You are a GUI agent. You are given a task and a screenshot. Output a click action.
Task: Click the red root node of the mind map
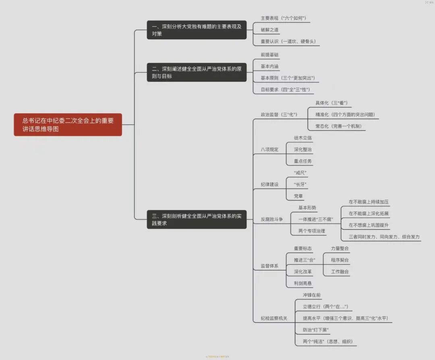pyautogui.click(x=68, y=124)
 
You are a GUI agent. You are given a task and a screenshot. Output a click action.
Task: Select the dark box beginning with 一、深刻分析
pyautogui.click(x=197, y=30)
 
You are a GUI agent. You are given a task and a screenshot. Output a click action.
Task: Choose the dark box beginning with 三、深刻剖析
pyautogui.click(x=197, y=219)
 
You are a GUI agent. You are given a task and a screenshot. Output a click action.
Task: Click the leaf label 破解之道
pyautogui.click(x=269, y=30)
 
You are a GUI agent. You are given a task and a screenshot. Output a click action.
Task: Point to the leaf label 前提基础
pyautogui.click(x=269, y=55)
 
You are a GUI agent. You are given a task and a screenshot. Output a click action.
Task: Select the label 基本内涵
pyautogui.click(x=269, y=66)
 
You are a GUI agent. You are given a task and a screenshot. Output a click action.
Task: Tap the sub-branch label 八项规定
pyautogui.click(x=269, y=149)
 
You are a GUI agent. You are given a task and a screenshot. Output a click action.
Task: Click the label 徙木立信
pyautogui.click(x=302, y=138)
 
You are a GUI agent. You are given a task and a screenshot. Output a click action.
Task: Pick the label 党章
pyautogui.click(x=298, y=196)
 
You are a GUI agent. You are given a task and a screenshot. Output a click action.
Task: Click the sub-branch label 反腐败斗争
pyautogui.click(x=272, y=219)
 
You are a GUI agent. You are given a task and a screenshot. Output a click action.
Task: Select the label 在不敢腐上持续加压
pyautogui.click(x=369, y=202)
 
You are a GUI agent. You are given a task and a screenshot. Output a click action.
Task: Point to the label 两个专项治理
pyautogui.click(x=312, y=231)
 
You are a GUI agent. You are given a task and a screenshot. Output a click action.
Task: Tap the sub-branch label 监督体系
pyautogui.click(x=269, y=266)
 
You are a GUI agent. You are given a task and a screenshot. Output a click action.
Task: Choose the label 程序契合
pyautogui.click(x=340, y=260)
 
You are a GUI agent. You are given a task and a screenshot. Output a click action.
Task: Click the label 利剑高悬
pyautogui.click(x=302, y=283)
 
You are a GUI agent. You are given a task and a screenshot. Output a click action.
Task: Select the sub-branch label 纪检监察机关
pyautogui.click(x=274, y=318)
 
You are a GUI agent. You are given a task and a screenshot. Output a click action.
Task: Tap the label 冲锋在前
pyautogui.click(x=312, y=295)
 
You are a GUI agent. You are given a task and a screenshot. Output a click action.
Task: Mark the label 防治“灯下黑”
pyautogui.click(x=316, y=330)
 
